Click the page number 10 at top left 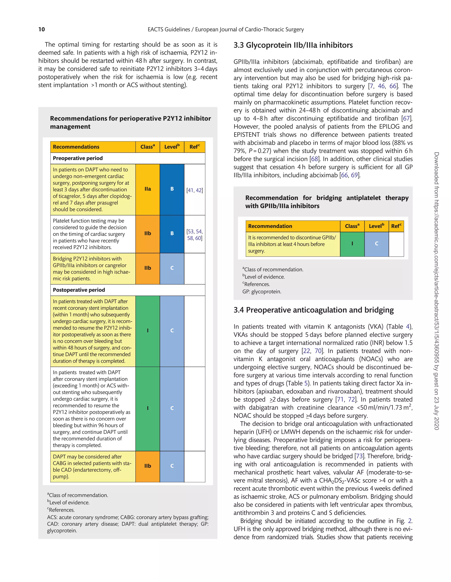[42, 29]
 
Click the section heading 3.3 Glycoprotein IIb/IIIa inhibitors [293, 45]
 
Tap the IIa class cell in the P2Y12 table [148, 189]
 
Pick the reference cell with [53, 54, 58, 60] [194, 235]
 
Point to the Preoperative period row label [78, 158]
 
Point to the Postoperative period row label [79, 290]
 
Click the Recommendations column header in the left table [76, 147]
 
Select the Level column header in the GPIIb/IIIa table [376, 226]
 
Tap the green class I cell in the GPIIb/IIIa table [352, 244]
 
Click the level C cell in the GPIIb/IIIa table [376, 244]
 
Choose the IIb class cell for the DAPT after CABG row [148, 466]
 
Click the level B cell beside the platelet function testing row [172, 234]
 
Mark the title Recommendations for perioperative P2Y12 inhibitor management [130, 122]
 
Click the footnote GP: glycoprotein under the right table [262, 292]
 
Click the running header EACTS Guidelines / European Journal [226, 29]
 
